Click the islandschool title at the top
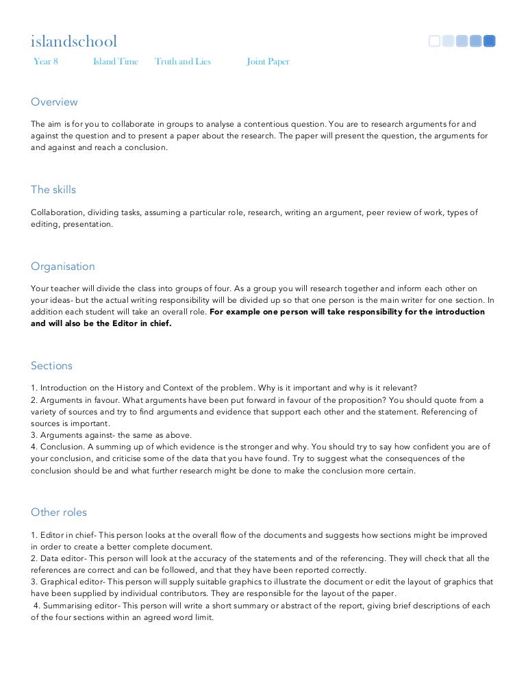coord(74,42)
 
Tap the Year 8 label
coord(46,62)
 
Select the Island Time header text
coord(115,62)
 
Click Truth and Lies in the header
coord(182,62)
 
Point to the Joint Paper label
coord(268,62)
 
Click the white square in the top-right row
coord(434,41)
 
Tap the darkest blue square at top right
coord(489,41)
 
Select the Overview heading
coord(54,102)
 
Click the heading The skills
coord(53,190)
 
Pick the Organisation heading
coord(63,267)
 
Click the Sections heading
coord(51,366)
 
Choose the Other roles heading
coord(59,512)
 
